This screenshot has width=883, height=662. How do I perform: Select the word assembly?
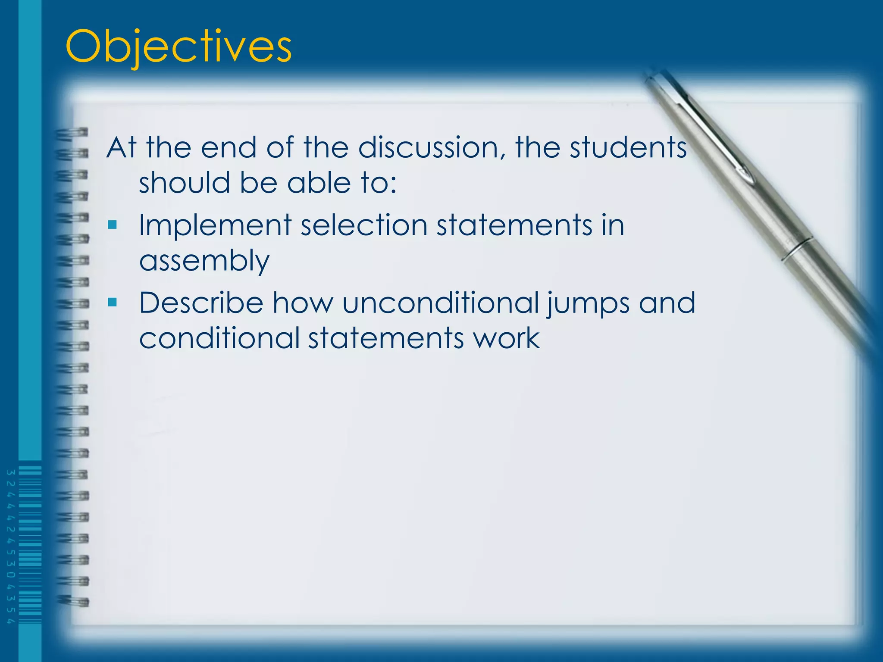[204, 261]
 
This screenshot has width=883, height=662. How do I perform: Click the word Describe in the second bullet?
[201, 303]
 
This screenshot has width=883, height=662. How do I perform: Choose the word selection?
[364, 226]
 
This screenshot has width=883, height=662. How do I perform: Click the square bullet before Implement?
[113, 225]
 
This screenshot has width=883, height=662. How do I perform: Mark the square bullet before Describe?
[113, 302]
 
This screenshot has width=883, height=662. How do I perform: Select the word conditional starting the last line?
[219, 338]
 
